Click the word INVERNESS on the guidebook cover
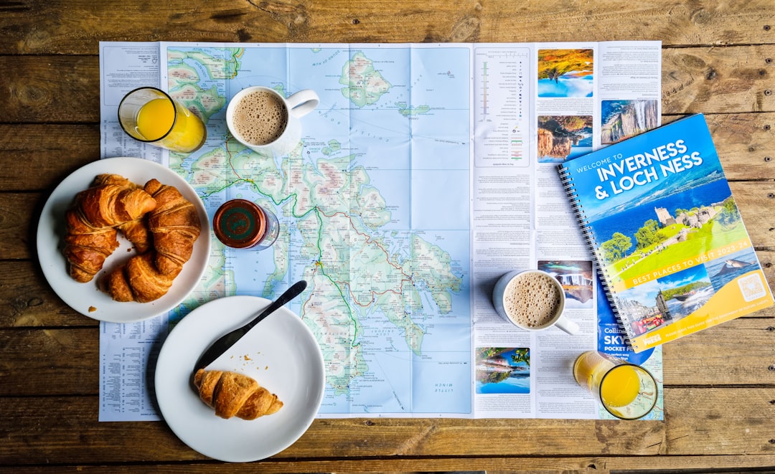click(640, 161)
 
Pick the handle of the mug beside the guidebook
click(567, 326)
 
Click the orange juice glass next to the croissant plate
click(161, 119)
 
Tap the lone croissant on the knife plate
click(236, 394)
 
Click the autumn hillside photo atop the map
click(565, 72)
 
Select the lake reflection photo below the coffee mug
click(502, 370)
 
